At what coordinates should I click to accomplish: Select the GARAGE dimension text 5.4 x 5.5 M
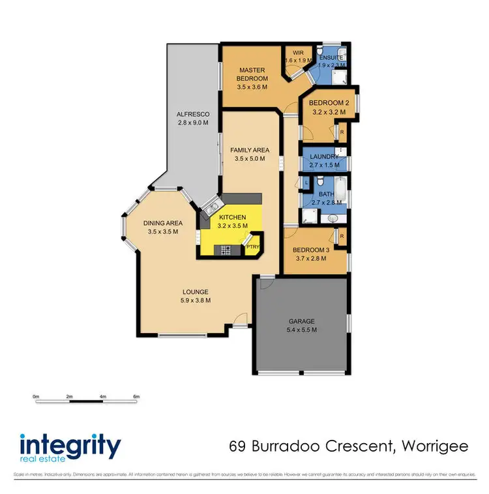[302, 330]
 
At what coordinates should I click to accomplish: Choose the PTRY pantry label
[251, 247]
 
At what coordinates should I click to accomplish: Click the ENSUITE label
[332, 57]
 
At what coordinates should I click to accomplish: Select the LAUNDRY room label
[324, 156]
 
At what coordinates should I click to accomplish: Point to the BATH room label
[326, 194]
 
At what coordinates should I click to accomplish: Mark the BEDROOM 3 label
[312, 250]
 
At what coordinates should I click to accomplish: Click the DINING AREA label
[162, 223]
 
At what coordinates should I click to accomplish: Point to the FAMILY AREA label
[250, 150]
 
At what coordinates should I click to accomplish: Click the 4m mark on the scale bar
[103, 396]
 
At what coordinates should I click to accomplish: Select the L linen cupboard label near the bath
[306, 184]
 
